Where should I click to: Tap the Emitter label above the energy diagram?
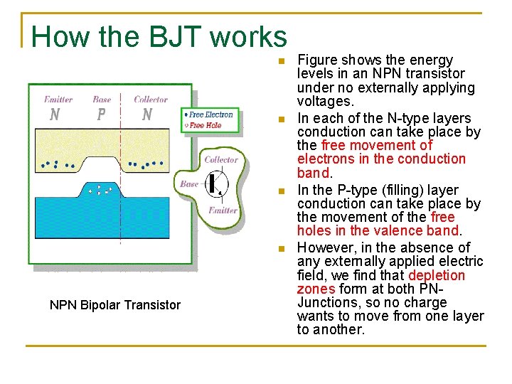coord(58,100)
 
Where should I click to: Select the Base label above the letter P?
coord(102,100)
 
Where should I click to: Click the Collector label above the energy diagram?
coord(151,100)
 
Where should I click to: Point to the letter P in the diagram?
coord(101,114)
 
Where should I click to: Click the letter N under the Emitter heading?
coord(54,114)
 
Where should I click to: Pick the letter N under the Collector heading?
coord(147,114)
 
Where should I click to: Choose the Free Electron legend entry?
coord(210,114)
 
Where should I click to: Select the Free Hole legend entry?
coord(204,125)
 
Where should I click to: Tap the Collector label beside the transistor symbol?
coord(221,159)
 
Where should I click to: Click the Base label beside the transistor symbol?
coord(189,183)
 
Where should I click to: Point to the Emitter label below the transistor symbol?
coord(223,210)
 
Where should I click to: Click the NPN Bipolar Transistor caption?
coord(115,305)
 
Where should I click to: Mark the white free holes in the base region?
coord(99,190)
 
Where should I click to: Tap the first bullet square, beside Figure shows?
coord(281,60)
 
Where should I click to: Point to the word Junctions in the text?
coord(329,302)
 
